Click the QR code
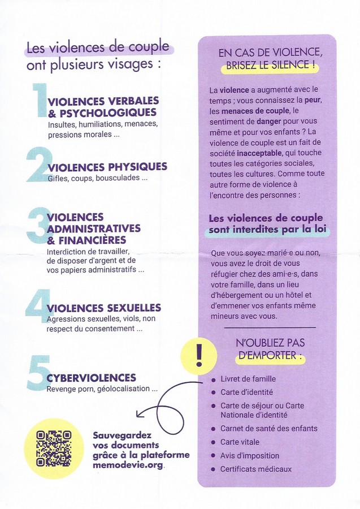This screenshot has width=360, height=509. click(x=54, y=447)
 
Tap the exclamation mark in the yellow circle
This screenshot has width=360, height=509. click(x=198, y=356)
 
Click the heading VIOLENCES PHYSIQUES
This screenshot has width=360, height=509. click(x=107, y=166)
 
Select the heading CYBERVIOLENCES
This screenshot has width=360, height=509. click(x=91, y=378)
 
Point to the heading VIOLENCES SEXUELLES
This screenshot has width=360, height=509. click(x=105, y=308)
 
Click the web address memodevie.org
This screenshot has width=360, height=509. click(x=129, y=465)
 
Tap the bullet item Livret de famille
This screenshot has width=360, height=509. click(x=248, y=379)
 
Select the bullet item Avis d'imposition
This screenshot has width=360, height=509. click(x=250, y=455)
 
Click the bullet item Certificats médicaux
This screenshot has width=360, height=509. click(x=256, y=469)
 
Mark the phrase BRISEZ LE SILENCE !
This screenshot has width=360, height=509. click(x=270, y=66)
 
